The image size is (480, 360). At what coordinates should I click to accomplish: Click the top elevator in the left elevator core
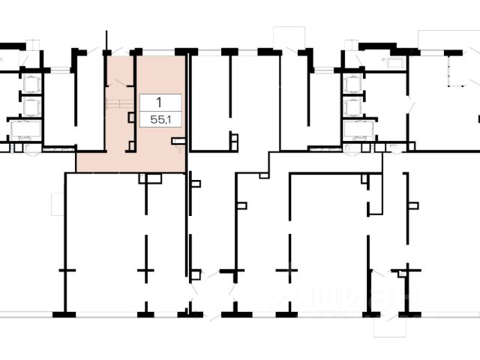(x=31, y=83)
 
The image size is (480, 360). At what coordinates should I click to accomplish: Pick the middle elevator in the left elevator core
(x=31, y=107)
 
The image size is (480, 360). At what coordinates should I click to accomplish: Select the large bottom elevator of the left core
(x=25, y=131)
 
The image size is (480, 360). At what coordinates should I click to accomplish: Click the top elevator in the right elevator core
(x=353, y=83)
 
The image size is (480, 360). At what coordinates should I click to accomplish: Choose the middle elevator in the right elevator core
(x=353, y=107)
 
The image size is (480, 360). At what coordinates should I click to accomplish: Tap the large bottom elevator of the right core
(x=358, y=131)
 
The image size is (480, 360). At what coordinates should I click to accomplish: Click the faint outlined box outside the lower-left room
(x=58, y=203)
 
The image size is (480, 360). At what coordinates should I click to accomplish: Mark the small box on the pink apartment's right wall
(x=178, y=140)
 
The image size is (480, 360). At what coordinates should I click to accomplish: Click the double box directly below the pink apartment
(x=150, y=178)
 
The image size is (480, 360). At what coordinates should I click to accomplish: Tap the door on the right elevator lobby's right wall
(x=409, y=105)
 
